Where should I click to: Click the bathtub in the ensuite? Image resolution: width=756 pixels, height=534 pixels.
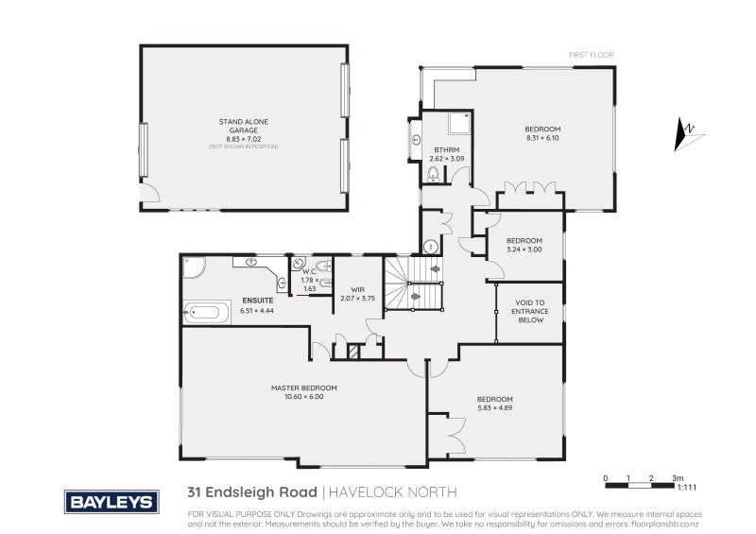tap(206, 312)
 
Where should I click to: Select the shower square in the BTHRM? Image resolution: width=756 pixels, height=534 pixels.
tap(459, 123)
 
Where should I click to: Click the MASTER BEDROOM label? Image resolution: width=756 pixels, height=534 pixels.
tap(303, 388)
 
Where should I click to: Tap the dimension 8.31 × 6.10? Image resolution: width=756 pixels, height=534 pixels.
tap(543, 138)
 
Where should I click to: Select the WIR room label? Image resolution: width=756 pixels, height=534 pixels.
tap(357, 289)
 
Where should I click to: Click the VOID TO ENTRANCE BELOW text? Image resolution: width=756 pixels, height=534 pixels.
tap(530, 312)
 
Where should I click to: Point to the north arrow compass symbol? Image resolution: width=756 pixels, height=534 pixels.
tap(688, 133)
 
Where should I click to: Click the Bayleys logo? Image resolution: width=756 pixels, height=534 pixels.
tap(112, 501)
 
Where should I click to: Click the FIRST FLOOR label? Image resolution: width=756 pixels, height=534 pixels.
tap(591, 55)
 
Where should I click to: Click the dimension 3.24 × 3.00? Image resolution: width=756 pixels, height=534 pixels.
tap(524, 250)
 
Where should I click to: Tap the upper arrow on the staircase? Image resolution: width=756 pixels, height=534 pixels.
tap(436, 268)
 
